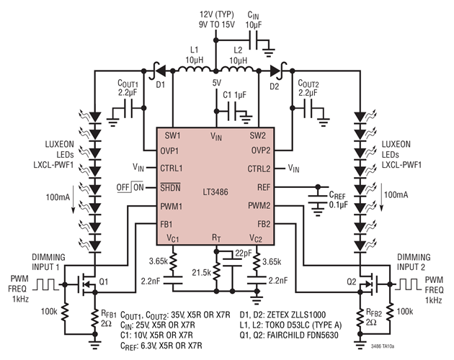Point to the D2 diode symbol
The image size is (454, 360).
click(x=275, y=71)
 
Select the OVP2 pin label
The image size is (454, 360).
click(x=261, y=150)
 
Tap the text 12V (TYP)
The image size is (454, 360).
click(x=217, y=14)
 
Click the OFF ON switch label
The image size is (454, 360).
click(x=130, y=187)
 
